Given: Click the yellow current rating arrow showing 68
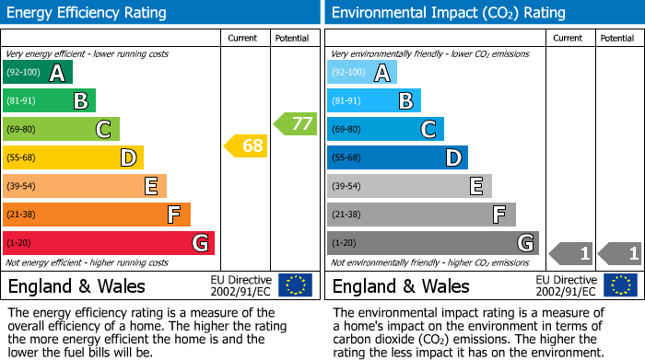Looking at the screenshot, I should tap(246, 145).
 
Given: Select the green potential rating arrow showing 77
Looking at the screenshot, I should tap(295, 122).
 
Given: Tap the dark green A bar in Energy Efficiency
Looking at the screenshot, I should tap(37, 73).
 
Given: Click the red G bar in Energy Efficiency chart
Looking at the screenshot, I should tap(109, 243).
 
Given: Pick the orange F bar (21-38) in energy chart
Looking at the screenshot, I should tap(97, 215).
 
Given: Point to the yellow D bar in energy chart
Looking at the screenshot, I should tap(73, 157).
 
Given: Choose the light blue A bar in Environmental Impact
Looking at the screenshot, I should tap(361, 73).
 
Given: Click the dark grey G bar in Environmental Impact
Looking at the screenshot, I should tap(432, 243).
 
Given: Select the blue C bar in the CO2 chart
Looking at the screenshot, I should tap(385, 129).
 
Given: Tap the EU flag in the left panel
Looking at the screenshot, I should tap(295, 285).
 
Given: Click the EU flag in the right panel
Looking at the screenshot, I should tap(620, 285).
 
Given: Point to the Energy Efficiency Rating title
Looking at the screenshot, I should tap(88, 13).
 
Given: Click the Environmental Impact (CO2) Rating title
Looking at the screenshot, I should tap(448, 13).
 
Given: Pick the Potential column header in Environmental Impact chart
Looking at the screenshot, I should tap(617, 38).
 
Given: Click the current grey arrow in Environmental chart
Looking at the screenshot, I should tap(570, 252).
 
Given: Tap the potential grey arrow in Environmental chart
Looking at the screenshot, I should tap(619, 252).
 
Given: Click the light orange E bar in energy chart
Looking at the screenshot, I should tap(85, 186).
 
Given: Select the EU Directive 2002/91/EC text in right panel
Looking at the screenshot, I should tap(566, 285).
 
